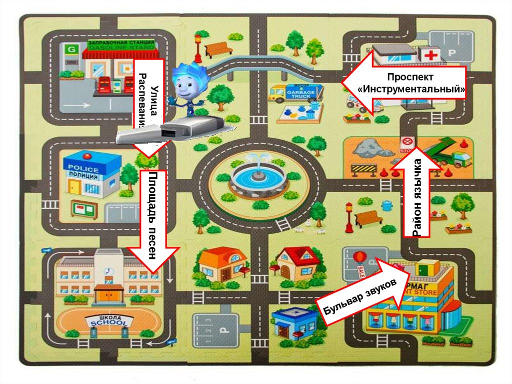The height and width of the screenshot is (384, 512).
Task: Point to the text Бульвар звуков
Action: (x=359, y=297)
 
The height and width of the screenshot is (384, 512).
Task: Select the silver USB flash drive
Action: (x=170, y=131)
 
